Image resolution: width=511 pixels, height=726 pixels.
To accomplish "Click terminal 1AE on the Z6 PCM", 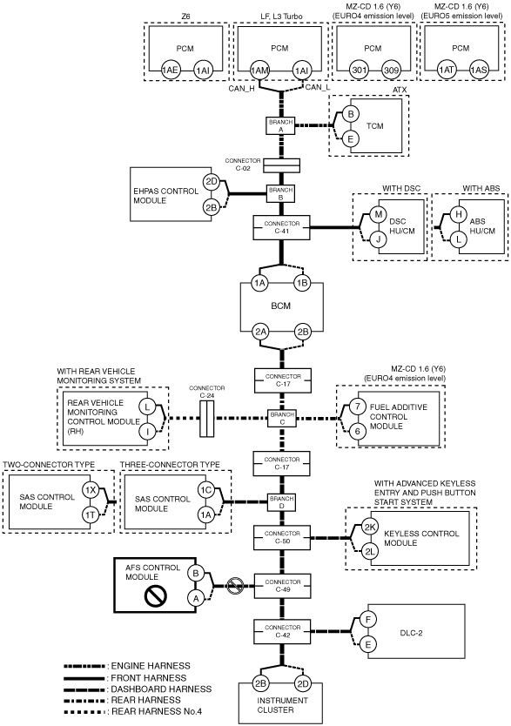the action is click(x=170, y=71).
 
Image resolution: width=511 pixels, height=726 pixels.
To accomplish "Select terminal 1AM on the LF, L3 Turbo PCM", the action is click(x=259, y=71).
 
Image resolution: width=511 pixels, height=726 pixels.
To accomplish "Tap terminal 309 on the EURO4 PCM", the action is click(x=391, y=71).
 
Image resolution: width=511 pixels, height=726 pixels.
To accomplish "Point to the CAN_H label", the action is click(x=241, y=89).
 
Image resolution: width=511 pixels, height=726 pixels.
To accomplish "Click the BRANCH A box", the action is click(x=281, y=126).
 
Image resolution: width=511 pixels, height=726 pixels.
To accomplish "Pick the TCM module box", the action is click(x=376, y=126).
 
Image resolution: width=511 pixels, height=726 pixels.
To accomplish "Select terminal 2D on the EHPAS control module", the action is click(x=211, y=181).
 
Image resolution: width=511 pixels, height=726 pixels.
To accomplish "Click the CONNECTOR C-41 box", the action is click(x=282, y=227).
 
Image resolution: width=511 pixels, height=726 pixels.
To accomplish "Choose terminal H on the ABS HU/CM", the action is click(x=459, y=213).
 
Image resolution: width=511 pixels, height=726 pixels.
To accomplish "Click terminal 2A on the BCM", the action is click(x=259, y=332).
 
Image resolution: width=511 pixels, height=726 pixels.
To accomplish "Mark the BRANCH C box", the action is click(x=282, y=418).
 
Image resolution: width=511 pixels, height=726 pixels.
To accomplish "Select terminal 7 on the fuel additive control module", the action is click(x=357, y=407).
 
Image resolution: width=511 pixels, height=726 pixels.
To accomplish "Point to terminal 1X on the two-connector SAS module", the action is click(x=91, y=490).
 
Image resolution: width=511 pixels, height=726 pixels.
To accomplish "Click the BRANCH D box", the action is click(x=282, y=502).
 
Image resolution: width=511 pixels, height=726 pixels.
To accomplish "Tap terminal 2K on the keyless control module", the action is click(x=369, y=527).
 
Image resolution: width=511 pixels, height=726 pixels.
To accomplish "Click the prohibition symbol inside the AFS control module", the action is click(x=152, y=597).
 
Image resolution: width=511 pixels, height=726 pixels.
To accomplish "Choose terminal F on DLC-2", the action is click(x=368, y=619).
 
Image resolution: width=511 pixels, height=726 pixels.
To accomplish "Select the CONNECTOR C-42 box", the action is click(x=283, y=631).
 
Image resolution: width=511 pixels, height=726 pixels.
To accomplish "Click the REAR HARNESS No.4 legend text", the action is click(x=157, y=711).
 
